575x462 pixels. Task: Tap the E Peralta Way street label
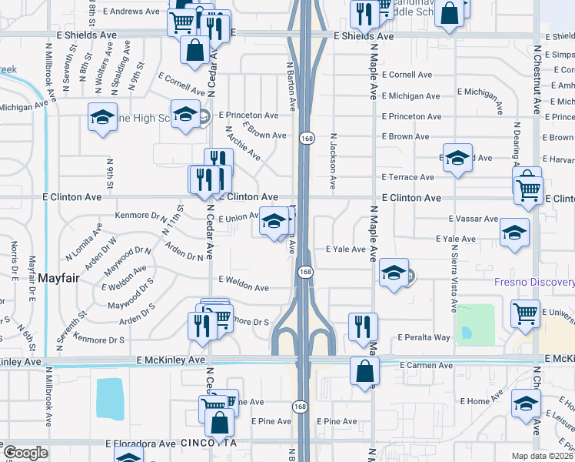click(424, 338)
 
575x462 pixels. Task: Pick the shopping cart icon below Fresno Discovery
click(526, 313)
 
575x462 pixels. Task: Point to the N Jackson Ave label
click(333, 159)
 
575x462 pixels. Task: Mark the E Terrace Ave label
click(408, 177)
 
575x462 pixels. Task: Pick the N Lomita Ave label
click(84, 242)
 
